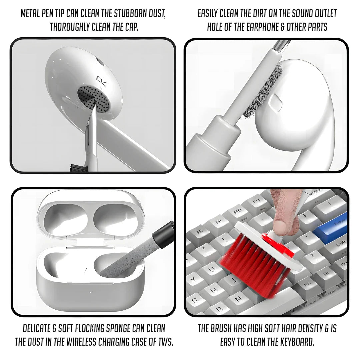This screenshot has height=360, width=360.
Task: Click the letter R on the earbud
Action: click(x=102, y=82)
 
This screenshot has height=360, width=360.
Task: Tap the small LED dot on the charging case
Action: click(x=90, y=292)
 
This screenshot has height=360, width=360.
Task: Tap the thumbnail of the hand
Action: click(x=280, y=226)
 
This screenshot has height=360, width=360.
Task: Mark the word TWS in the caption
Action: click(x=165, y=342)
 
